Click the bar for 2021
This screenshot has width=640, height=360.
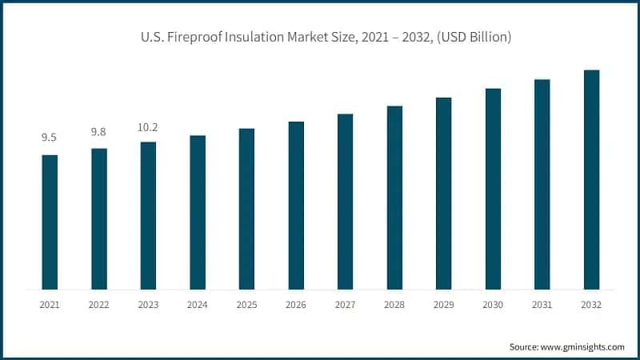pos(50,222)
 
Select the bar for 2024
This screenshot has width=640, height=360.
pos(198,212)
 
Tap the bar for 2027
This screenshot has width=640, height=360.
pos(345,201)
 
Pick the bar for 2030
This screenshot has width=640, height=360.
pos(493,188)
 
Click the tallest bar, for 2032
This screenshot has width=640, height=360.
pos(591,179)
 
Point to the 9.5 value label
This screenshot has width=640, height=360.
pos(50,138)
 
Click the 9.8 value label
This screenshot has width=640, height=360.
pos(99,131)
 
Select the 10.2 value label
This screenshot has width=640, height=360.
pos(148,126)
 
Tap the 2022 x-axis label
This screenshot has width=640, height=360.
pos(99,305)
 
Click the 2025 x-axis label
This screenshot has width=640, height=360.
pos(246,305)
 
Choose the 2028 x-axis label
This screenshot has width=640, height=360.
pos(394,305)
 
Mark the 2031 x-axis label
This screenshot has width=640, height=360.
pos(542,305)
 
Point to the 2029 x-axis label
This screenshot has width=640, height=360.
pos(443,305)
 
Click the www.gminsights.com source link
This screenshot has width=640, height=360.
pos(583,346)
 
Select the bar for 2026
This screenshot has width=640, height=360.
pos(296,205)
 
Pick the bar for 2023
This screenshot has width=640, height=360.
pos(148,215)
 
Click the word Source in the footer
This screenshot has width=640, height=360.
pos(525,346)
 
